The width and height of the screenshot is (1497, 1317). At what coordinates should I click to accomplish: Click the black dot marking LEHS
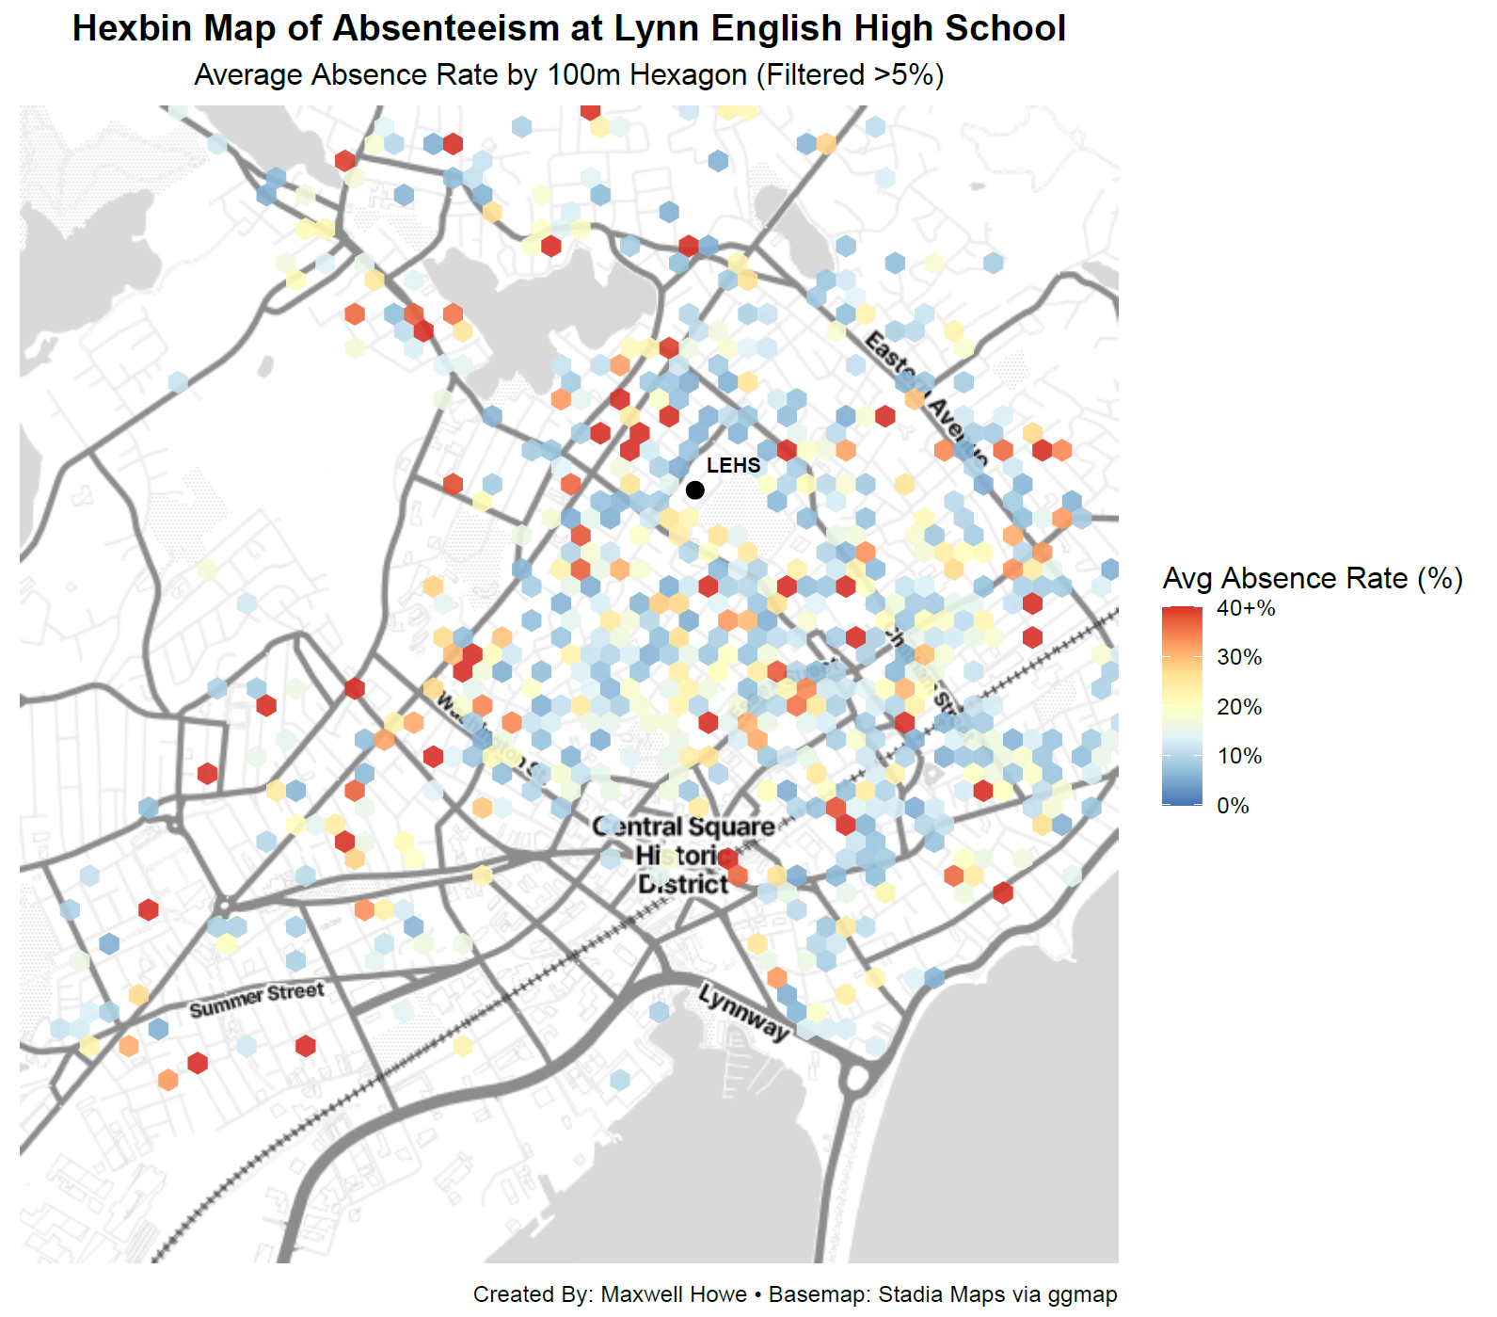click(x=694, y=490)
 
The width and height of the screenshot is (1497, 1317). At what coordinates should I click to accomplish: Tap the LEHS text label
click(x=733, y=465)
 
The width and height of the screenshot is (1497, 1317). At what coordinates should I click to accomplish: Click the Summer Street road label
click(x=256, y=1000)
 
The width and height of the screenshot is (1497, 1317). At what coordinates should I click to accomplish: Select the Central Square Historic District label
click(x=684, y=855)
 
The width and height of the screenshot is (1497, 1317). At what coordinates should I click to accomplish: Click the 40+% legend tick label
click(x=1246, y=608)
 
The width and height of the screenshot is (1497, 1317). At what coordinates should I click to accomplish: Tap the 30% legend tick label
click(x=1238, y=657)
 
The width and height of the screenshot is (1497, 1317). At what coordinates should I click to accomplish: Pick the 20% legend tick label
click(x=1238, y=707)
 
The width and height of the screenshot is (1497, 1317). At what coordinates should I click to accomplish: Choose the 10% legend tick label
click(x=1238, y=756)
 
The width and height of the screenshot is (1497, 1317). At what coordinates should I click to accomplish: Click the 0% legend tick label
click(x=1233, y=806)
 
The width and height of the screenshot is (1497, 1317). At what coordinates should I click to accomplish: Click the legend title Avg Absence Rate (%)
click(x=1313, y=578)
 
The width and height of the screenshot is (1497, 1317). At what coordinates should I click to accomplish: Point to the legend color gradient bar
click(x=1182, y=706)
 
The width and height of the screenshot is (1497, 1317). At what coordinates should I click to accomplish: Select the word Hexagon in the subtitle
click(x=688, y=75)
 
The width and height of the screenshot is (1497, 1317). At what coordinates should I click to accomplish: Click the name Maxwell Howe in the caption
click(x=673, y=1294)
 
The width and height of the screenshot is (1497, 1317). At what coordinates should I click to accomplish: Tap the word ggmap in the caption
click(x=1082, y=1295)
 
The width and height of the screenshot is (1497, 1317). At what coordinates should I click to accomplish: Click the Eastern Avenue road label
click(x=926, y=397)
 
